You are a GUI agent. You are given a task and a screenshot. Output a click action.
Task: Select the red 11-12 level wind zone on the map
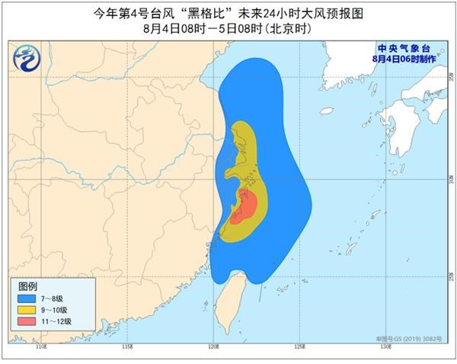point(245,207)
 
